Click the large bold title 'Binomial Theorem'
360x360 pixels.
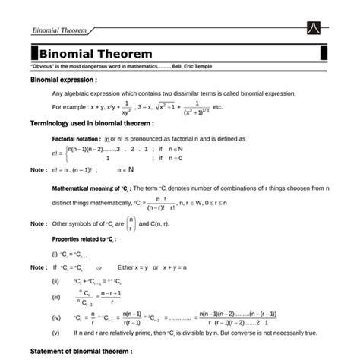coord(96,55)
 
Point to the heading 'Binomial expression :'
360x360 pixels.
coord(63,80)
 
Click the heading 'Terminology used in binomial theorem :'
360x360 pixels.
coord(91,122)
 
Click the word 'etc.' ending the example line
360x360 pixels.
coord(218,107)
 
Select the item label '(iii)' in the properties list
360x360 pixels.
coord(55,297)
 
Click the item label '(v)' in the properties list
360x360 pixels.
coord(55,333)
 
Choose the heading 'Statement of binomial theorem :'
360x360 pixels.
coord(81,352)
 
